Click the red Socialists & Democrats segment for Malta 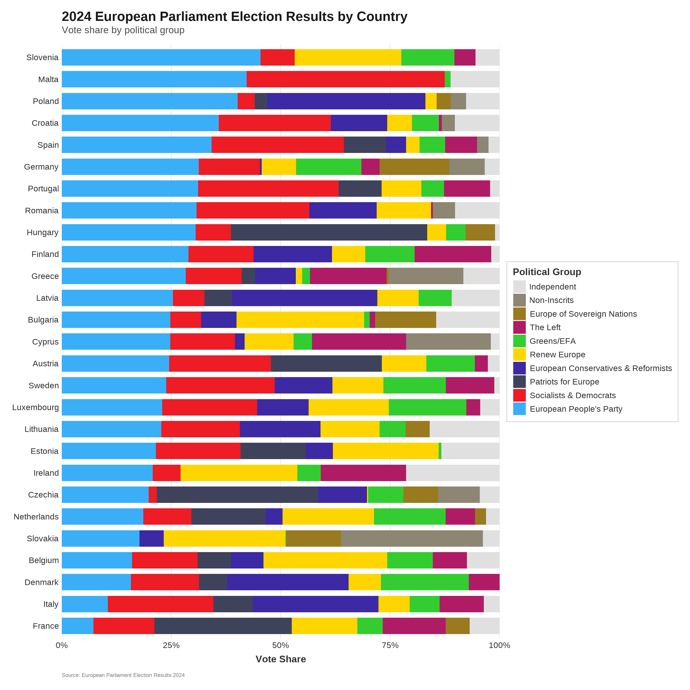345,79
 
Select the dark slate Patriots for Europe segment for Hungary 329,232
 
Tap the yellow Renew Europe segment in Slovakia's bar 224,539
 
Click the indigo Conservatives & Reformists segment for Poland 346,101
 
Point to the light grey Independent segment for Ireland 453,473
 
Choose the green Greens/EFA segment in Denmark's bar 425,582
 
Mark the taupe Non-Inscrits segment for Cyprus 448,342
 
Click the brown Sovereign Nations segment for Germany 414,167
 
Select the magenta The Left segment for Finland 453,254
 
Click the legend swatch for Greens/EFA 519,341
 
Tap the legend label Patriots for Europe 564,382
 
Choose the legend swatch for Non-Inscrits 519,300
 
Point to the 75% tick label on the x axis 390,645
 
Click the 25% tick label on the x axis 171,645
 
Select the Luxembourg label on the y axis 35,407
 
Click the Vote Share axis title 281,659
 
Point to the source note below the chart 123,675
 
